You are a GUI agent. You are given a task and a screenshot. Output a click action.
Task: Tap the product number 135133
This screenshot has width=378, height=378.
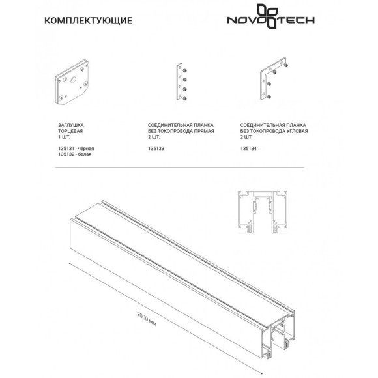[x=157, y=149]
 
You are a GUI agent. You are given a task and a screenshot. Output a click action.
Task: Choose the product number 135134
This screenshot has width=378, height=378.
[x=249, y=149]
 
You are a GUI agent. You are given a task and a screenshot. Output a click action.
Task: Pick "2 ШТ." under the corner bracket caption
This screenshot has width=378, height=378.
[x=248, y=136]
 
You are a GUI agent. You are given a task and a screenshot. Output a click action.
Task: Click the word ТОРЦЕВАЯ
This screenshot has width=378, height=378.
[x=71, y=130]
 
